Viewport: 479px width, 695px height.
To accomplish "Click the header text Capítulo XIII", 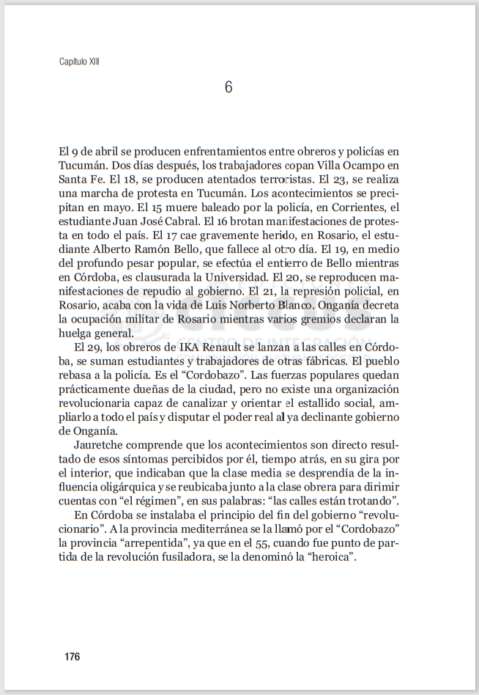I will [79, 62].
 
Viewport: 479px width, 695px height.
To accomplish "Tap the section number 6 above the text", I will [229, 87].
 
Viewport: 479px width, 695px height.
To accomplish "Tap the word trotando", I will [370, 501].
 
